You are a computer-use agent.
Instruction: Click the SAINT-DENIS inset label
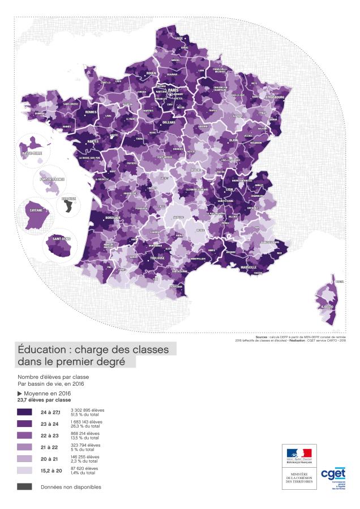click(61, 238)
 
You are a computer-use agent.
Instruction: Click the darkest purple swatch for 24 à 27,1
click(24, 412)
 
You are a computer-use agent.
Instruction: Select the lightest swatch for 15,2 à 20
click(24, 470)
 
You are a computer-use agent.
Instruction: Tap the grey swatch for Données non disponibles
click(24, 486)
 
